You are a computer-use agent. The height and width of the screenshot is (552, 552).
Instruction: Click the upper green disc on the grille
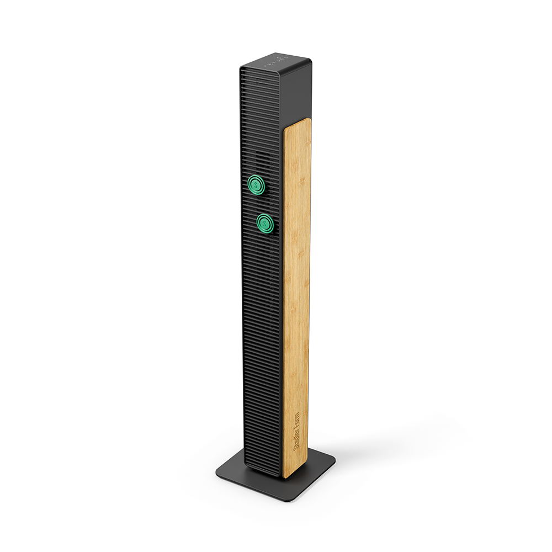pyautogui.click(x=256, y=184)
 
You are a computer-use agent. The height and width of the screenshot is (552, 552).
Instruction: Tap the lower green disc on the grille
pyautogui.click(x=265, y=223)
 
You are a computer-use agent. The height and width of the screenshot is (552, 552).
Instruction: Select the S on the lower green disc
pyautogui.click(x=264, y=223)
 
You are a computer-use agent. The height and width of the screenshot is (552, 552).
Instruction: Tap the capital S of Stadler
pyautogui.click(x=296, y=448)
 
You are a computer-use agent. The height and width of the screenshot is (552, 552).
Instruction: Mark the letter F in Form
pyautogui.click(x=296, y=424)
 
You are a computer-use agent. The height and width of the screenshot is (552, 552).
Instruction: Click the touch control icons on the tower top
pyautogui.click(x=277, y=61)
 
